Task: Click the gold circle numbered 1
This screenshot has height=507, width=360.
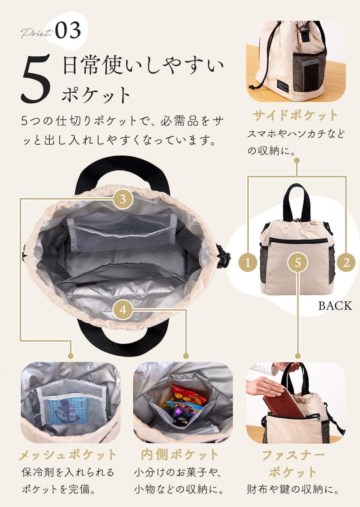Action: coord(248,263)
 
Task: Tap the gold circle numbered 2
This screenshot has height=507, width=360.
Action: coord(346,263)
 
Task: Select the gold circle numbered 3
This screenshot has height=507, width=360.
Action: coord(123,199)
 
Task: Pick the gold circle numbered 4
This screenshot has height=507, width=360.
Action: coord(123,310)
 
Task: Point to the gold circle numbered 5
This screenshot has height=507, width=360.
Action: coord(298,263)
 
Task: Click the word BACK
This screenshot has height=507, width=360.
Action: coord(335,306)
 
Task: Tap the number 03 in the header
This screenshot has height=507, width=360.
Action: coord(68,30)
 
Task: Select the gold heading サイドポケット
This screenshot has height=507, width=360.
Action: coord(295,116)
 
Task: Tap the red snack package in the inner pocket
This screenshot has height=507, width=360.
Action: coord(189,395)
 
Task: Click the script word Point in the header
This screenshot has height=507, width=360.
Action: coord(36,33)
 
